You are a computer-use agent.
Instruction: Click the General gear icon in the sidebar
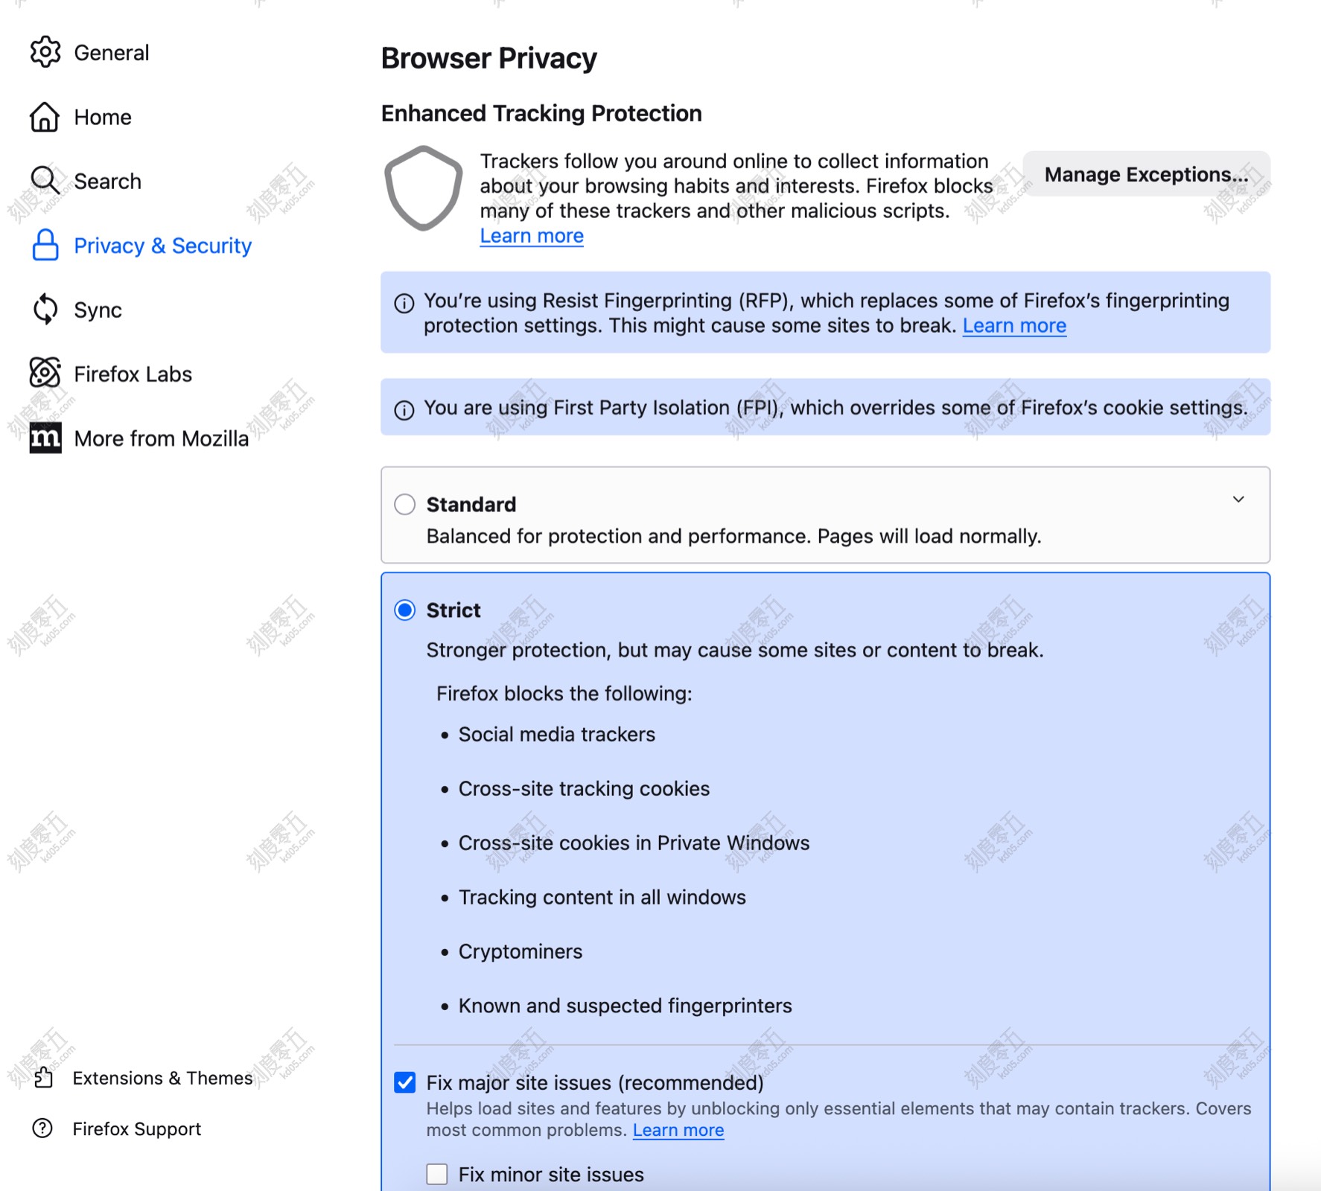point(45,52)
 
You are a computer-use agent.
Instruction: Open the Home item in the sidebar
point(102,117)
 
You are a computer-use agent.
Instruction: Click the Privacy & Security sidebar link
point(162,246)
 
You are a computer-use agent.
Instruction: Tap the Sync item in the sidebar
point(98,310)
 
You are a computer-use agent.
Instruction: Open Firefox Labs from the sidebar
point(133,374)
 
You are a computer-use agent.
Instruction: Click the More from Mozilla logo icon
point(45,438)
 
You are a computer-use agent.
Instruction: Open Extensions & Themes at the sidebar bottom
point(162,1078)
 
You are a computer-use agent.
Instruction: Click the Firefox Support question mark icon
point(43,1128)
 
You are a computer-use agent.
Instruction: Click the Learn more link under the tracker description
point(532,236)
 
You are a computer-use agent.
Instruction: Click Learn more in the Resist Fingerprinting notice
point(1014,326)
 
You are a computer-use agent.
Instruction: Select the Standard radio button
point(405,505)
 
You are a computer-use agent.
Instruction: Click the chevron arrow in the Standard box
point(1238,499)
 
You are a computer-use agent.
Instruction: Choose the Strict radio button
point(405,610)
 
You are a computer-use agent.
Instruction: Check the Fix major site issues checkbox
point(405,1082)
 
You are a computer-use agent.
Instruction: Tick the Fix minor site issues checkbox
point(437,1174)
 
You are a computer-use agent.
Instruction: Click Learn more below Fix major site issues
point(678,1131)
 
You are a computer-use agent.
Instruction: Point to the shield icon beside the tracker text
point(423,188)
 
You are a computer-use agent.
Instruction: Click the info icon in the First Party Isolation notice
point(404,410)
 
